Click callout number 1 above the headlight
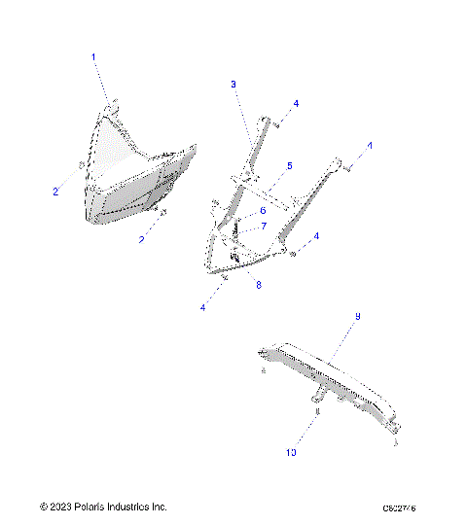[94, 58]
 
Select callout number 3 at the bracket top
[233, 86]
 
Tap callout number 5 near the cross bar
[289, 166]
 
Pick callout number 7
[263, 227]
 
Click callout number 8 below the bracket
[259, 284]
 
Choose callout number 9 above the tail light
[358, 317]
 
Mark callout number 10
[289, 452]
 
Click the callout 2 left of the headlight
[55, 192]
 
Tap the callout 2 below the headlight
[142, 238]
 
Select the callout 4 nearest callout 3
[297, 103]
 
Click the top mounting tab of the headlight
[114, 105]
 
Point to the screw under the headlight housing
[162, 213]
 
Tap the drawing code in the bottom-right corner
[407, 507]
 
